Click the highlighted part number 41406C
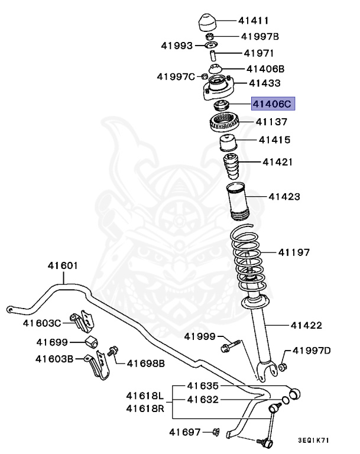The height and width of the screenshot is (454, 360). click(272, 105)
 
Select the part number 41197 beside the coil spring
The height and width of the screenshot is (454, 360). click(294, 252)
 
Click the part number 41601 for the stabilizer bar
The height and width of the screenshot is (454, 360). click(63, 266)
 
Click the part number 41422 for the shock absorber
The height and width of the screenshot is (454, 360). click(306, 325)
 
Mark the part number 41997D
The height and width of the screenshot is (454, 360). click(312, 351)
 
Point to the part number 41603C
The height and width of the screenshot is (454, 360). click(42, 323)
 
